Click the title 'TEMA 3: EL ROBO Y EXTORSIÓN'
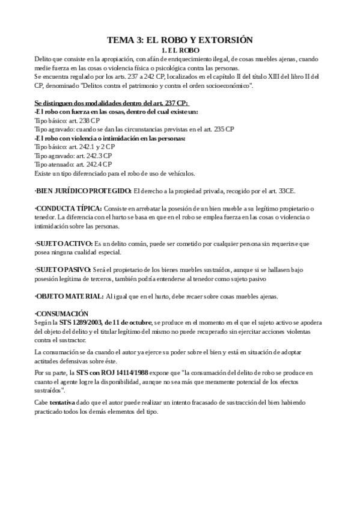click(180, 40)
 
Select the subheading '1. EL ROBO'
click(180, 50)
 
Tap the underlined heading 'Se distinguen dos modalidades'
click(111, 103)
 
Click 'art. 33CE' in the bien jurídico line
click(282, 191)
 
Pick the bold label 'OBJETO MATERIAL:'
click(70, 296)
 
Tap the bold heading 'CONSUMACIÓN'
click(62, 313)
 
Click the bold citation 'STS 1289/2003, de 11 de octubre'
click(106, 322)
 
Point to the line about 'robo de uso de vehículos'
click(114, 173)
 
